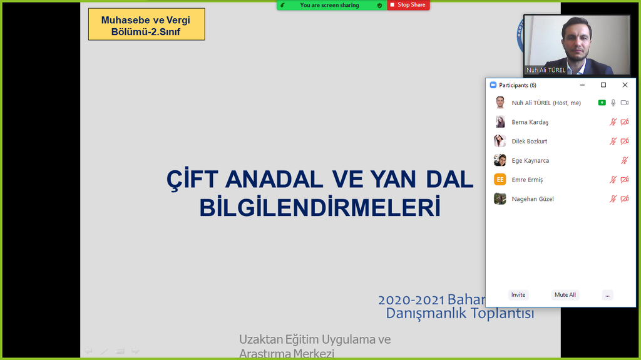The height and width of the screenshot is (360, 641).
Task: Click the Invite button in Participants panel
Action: [x=518, y=295]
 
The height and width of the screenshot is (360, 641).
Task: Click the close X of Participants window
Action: [x=625, y=85]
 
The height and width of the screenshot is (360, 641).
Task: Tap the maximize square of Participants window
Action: [x=603, y=85]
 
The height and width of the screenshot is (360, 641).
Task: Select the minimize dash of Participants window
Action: [x=582, y=85]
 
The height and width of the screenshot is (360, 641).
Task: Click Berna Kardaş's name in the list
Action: [x=530, y=122]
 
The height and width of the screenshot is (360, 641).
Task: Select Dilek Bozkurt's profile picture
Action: [x=500, y=141]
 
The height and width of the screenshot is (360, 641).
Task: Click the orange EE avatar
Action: [x=500, y=180]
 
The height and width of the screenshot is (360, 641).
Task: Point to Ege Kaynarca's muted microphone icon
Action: [x=624, y=161]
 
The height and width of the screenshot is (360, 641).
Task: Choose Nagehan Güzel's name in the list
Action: [x=533, y=199]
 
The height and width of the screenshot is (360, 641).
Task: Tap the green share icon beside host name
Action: [x=602, y=103]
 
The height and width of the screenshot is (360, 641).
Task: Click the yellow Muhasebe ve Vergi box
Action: [x=146, y=25]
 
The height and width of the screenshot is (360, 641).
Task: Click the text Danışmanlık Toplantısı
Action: [x=459, y=314]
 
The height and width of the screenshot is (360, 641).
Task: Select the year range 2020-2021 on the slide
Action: [x=411, y=300]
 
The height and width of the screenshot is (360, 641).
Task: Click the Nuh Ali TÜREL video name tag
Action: [x=546, y=70]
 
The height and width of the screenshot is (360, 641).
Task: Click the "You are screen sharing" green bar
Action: [x=330, y=5]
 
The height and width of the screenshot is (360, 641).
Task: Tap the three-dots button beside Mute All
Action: [x=607, y=295]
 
